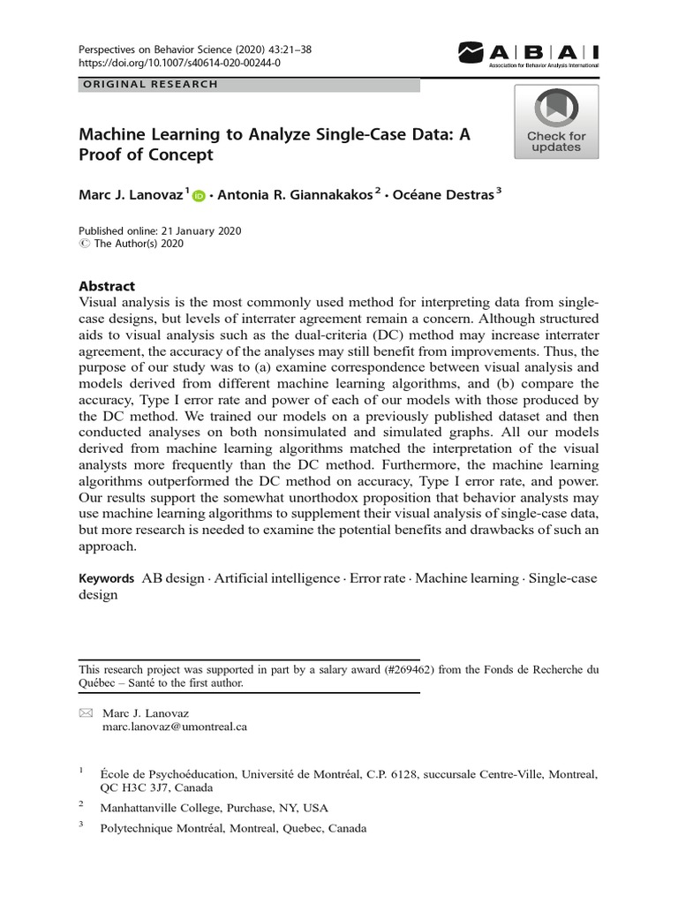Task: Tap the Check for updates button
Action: [x=556, y=122]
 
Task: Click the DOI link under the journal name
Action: [x=168, y=64]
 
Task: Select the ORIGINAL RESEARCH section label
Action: [x=149, y=85]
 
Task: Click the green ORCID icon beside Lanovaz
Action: [x=198, y=196]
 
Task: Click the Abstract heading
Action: [x=107, y=286]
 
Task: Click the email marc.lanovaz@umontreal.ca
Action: [x=175, y=727]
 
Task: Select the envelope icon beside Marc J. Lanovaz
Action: [x=86, y=712]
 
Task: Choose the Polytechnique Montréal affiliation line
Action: [x=233, y=828]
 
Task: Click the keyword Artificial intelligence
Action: [x=278, y=578]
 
